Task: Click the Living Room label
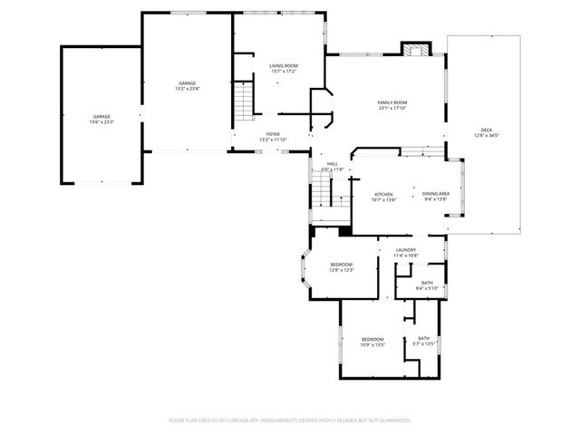tap(283, 65)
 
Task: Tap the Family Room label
tap(392, 102)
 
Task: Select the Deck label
tap(487, 130)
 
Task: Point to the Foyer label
tap(273, 134)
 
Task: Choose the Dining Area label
tap(437, 194)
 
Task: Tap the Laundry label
tap(405, 250)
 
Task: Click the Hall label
tap(333, 164)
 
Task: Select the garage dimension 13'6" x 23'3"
tap(101, 122)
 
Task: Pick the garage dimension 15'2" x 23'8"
tap(188, 89)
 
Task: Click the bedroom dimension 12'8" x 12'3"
tap(341, 270)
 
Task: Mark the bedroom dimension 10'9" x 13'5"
tap(372, 345)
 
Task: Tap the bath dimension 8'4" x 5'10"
tap(425, 288)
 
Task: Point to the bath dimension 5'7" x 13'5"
tap(424, 343)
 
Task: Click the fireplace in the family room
tap(416, 51)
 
